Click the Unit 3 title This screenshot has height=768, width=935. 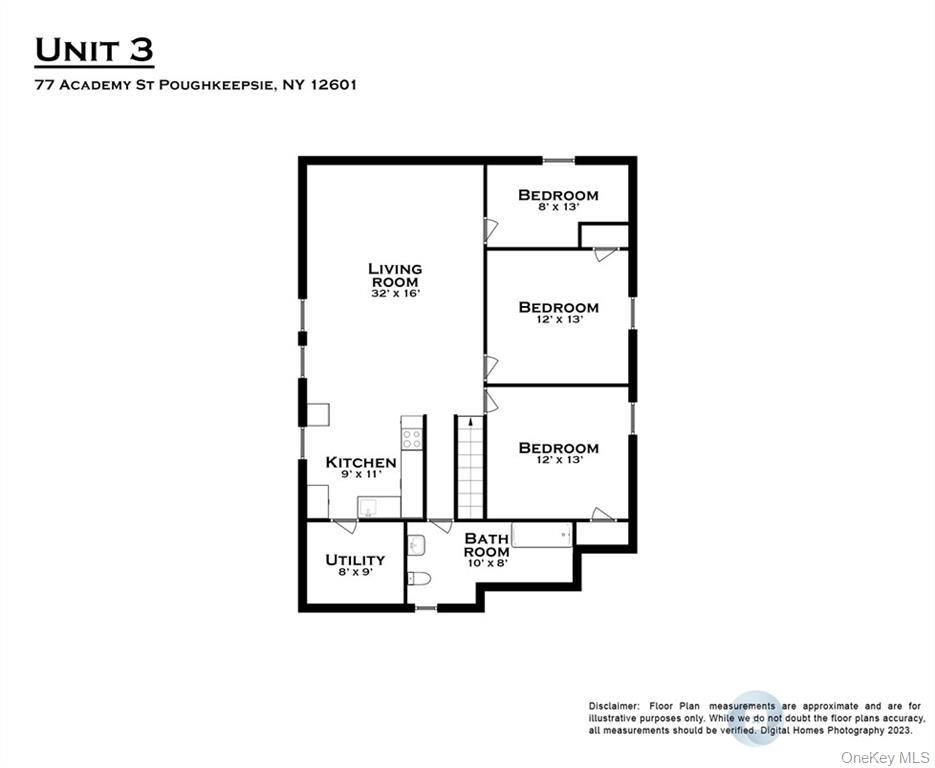point(94,49)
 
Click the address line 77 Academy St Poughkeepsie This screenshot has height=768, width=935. point(195,85)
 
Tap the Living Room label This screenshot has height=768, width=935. point(395,275)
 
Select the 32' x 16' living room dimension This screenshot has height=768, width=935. point(395,296)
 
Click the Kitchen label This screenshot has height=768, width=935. point(361,463)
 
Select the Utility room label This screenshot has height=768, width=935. point(355,560)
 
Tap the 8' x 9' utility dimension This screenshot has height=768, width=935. point(355,574)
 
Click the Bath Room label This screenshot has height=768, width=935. point(486,545)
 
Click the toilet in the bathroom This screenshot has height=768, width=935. point(418,579)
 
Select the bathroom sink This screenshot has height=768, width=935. point(417,544)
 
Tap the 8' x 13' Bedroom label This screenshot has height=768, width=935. point(558,195)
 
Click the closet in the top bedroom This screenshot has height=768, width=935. point(604,236)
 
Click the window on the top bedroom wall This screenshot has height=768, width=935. point(558,160)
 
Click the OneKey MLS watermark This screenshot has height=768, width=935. point(885,756)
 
